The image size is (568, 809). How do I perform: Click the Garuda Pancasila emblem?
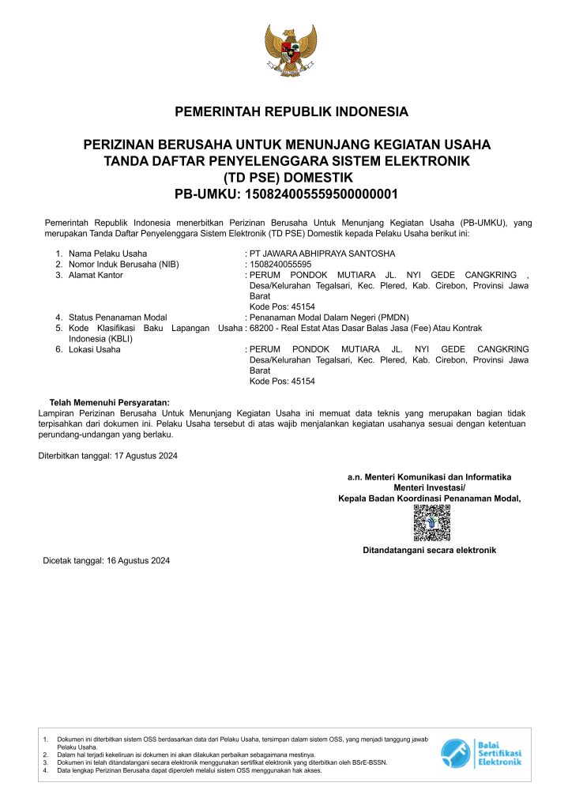tap(290, 52)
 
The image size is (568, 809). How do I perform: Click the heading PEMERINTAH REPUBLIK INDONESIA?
tap(292, 111)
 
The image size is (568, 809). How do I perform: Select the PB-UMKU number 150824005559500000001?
tap(323, 194)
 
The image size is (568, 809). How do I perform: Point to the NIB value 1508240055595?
tap(280, 264)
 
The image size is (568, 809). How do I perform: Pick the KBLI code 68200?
tap(261, 328)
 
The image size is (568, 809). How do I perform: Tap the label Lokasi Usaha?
tap(95, 349)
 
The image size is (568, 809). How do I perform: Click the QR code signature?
tap(431, 523)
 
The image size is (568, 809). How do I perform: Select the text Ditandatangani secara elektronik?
tap(429, 550)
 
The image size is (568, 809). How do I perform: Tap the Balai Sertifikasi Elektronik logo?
tap(481, 752)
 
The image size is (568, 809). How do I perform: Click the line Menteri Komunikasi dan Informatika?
tap(430, 477)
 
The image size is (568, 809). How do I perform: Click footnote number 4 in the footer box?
tap(46, 769)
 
